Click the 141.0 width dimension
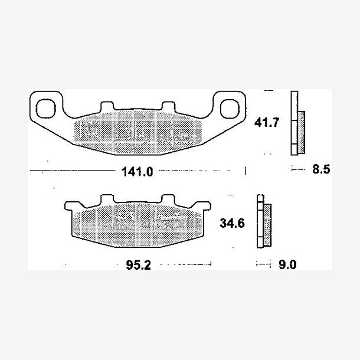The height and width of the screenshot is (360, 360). pyautogui.click(x=137, y=172)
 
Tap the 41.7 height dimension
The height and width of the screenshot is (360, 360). pyautogui.click(x=267, y=122)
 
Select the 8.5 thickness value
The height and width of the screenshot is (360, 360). pyautogui.click(x=321, y=169)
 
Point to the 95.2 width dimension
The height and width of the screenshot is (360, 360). pyautogui.click(x=139, y=265)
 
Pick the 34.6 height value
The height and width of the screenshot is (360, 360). pyautogui.click(x=232, y=223)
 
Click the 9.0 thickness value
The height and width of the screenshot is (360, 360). pyautogui.click(x=287, y=265)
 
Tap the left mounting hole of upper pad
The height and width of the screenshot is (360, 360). pyautogui.click(x=46, y=109)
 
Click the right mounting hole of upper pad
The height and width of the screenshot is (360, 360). pyautogui.click(x=230, y=109)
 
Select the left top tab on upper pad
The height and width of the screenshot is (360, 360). pyautogui.click(x=107, y=106)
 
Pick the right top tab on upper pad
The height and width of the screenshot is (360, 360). pyautogui.click(x=169, y=106)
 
